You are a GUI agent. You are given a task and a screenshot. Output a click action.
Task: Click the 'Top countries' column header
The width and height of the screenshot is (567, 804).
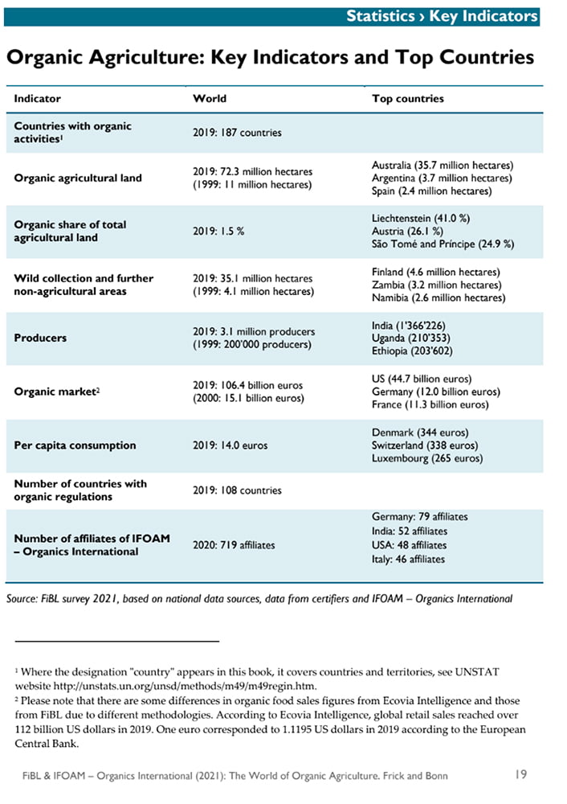pyautogui.click(x=408, y=98)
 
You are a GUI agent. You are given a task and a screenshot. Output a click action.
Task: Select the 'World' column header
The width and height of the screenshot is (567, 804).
pyautogui.click(x=210, y=98)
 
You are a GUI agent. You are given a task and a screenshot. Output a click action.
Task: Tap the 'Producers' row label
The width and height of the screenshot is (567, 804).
pyautogui.click(x=40, y=338)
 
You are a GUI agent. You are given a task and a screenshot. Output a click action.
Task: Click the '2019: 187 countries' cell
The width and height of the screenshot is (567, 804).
pyautogui.click(x=237, y=133)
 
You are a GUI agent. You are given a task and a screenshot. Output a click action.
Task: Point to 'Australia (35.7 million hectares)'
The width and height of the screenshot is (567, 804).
pyautogui.click(x=443, y=165)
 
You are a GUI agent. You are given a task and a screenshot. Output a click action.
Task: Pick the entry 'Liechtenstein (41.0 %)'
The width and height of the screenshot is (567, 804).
pyautogui.click(x=421, y=219)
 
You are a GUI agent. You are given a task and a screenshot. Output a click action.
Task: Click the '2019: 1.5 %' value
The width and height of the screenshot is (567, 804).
pyautogui.click(x=218, y=232)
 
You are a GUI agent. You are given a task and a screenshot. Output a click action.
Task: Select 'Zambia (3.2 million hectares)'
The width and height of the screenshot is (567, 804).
pyautogui.click(x=437, y=285)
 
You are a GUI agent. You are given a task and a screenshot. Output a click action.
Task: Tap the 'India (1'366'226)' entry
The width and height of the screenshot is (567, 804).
pyautogui.click(x=409, y=326)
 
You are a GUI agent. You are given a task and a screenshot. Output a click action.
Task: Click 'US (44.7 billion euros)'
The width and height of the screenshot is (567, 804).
pyautogui.click(x=422, y=379)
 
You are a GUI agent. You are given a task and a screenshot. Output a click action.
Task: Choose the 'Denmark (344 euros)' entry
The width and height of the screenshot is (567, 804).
pyautogui.click(x=420, y=433)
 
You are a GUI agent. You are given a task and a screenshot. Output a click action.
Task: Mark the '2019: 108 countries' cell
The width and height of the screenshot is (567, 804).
pyautogui.click(x=237, y=490)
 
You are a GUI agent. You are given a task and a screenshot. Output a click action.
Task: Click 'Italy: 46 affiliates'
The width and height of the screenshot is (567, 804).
pyautogui.click(x=408, y=560)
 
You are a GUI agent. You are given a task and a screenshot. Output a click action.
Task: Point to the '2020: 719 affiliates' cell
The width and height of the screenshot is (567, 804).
pyautogui.click(x=234, y=545)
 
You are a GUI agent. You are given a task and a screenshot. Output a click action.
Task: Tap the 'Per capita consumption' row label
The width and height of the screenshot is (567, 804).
pyautogui.click(x=75, y=445)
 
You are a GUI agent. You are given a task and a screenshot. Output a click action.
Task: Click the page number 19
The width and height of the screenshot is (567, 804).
pyautogui.click(x=521, y=774)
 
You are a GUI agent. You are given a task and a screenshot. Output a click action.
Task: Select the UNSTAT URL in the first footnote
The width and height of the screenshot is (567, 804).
pyautogui.click(x=185, y=686)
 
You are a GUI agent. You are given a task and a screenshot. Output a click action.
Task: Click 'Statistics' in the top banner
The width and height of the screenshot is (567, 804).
pyautogui.click(x=381, y=16)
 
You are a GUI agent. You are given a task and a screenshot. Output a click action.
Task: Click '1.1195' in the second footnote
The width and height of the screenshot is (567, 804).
pyautogui.click(x=298, y=729)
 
